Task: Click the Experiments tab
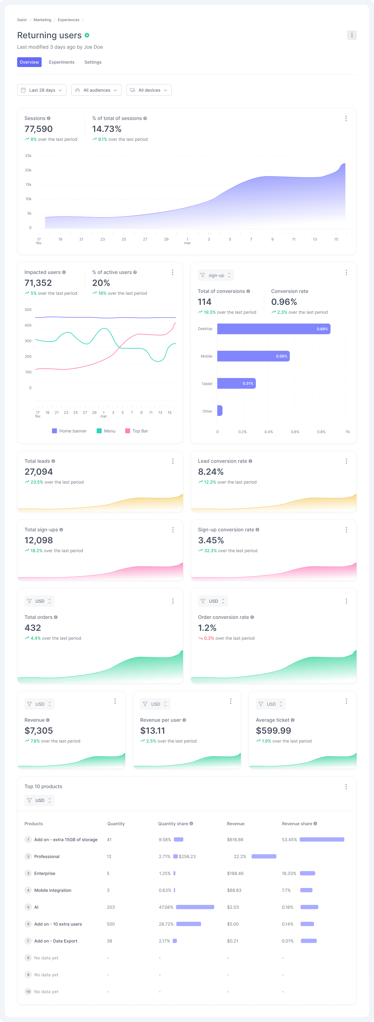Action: coord(62,62)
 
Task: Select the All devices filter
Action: coord(149,90)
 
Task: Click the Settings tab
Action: coord(93,62)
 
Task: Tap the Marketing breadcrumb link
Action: coord(42,20)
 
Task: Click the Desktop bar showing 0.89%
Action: coord(274,329)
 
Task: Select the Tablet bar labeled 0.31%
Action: coord(236,383)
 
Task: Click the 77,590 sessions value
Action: coord(38,129)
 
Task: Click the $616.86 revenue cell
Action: coord(235,840)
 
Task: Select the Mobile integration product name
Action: coord(53,890)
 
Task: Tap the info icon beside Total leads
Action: coord(53,461)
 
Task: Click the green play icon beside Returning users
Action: coord(87,35)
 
